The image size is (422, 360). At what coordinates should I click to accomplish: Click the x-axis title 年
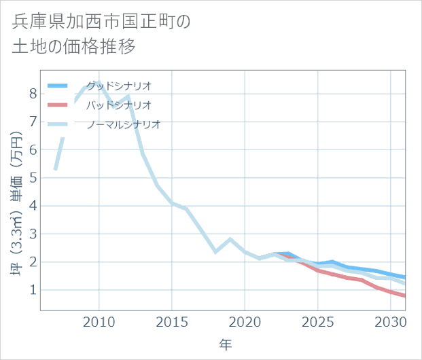pos(225,345)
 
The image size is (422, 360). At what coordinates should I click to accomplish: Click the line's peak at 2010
pos(99,83)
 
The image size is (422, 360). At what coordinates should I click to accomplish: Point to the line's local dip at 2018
pos(215,252)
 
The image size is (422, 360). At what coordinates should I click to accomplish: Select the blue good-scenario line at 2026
pos(332,262)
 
